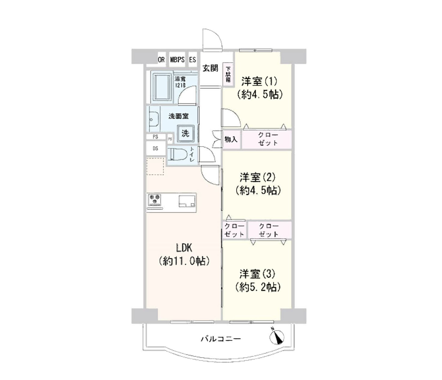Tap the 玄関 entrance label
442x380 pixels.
coord(210,68)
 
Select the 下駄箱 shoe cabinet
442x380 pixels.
coord(228,74)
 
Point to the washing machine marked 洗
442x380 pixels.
coord(186,133)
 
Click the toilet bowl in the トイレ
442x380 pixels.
coord(178,154)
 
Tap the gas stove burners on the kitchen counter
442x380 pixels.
coord(155,199)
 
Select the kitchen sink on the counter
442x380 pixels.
coord(186,201)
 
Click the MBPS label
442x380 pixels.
coord(177,60)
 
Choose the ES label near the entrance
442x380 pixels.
coord(192,60)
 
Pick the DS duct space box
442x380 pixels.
coord(156,148)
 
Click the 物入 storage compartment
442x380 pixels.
coord(231,139)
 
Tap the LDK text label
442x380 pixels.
coord(184,248)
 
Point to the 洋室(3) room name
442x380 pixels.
coord(257,274)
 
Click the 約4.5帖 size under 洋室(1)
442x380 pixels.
coord(260,95)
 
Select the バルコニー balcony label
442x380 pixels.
coord(221,339)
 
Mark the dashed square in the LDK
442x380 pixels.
coord(155,167)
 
